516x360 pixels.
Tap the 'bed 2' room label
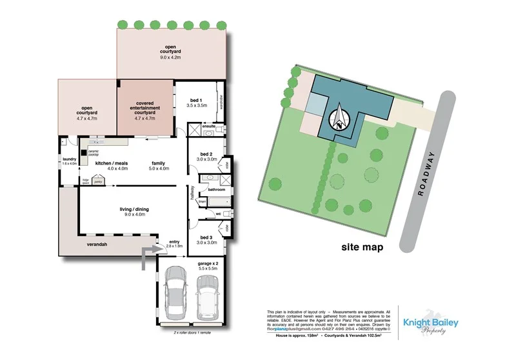click(206, 155)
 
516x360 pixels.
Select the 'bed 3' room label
click(206, 237)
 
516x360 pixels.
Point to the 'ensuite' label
click(208, 126)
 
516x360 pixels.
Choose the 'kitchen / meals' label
click(112, 163)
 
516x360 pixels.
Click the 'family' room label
click(159, 163)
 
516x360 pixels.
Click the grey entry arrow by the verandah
click(149, 255)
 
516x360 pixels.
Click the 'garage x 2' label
click(207, 263)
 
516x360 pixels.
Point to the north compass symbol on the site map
click(339, 120)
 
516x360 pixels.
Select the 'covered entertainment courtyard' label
click(145, 110)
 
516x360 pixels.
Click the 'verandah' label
click(99, 245)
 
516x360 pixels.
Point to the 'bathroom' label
click(216, 190)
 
